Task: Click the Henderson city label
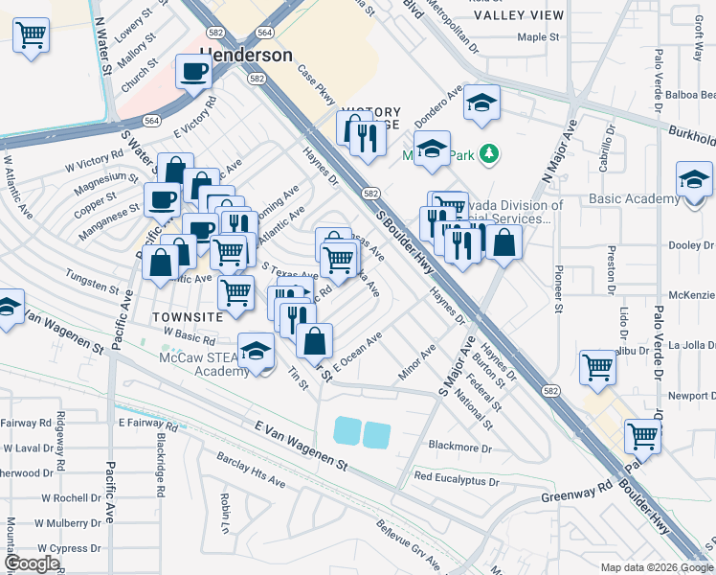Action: [x=246, y=55]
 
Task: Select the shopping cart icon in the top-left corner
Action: [x=32, y=36]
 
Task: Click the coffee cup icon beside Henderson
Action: [x=194, y=72]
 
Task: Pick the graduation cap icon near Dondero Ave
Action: [x=481, y=102]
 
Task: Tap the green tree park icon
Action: [x=489, y=152]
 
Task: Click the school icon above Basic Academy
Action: [x=694, y=179]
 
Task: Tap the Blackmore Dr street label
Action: [x=459, y=447]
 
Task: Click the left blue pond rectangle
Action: [x=347, y=433]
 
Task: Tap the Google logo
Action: [x=32, y=563]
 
